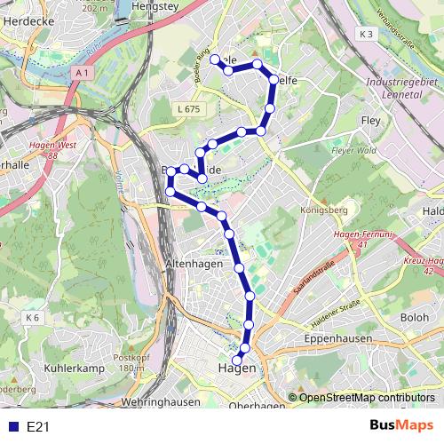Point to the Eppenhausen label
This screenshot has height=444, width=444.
(x=338, y=340)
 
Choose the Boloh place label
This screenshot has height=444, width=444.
(x=415, y=317)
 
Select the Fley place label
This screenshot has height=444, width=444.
(x=370, y=120)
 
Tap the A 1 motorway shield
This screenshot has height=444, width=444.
(x=83, y=71)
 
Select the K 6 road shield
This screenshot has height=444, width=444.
(x=34, y=317)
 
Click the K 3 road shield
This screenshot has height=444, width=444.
(x=368, y=33)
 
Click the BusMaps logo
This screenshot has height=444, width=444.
(x=402, y=425)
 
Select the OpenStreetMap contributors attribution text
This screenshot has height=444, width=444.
(x=367, y=398)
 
